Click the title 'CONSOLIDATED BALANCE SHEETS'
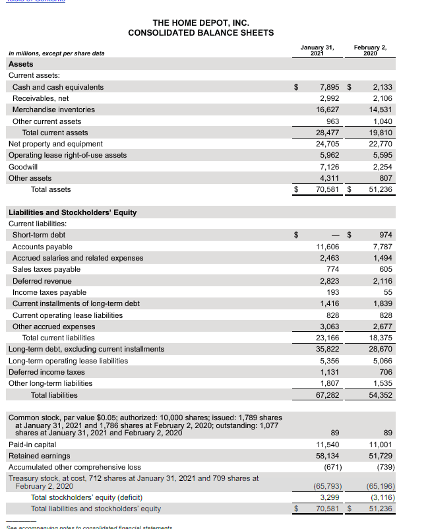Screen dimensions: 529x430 201,33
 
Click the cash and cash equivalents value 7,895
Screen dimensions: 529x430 329,87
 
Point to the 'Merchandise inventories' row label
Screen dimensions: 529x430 53,109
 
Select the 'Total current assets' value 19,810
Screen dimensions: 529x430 383,133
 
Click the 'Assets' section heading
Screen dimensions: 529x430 20,64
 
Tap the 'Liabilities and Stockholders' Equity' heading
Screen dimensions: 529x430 73,212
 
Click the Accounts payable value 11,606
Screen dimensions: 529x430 327,247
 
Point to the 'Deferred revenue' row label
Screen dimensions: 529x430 42,281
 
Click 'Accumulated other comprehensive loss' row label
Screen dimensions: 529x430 75,467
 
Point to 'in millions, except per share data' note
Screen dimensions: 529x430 56,53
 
